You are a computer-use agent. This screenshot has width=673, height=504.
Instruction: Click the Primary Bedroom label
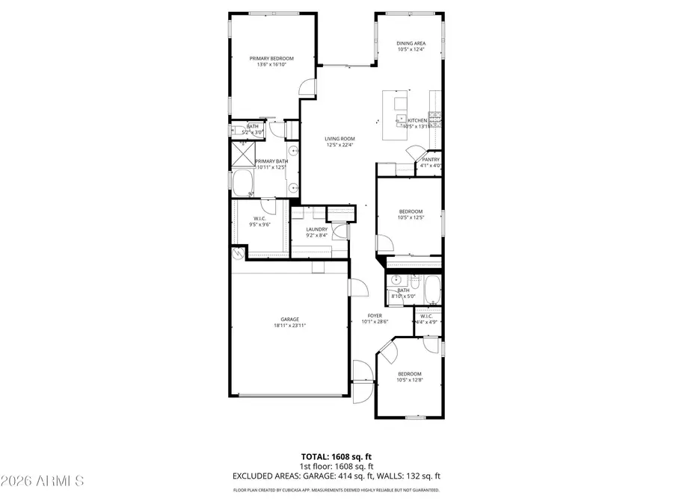271,58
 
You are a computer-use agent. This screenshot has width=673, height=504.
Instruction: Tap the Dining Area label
411,43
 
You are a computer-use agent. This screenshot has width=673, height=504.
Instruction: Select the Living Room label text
339,138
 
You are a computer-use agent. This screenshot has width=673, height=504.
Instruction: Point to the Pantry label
431,159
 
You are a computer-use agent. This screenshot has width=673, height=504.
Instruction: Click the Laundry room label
317,229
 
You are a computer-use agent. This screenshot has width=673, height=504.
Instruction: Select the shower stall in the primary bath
243,155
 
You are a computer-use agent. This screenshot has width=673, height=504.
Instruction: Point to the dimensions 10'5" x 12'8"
409,380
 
